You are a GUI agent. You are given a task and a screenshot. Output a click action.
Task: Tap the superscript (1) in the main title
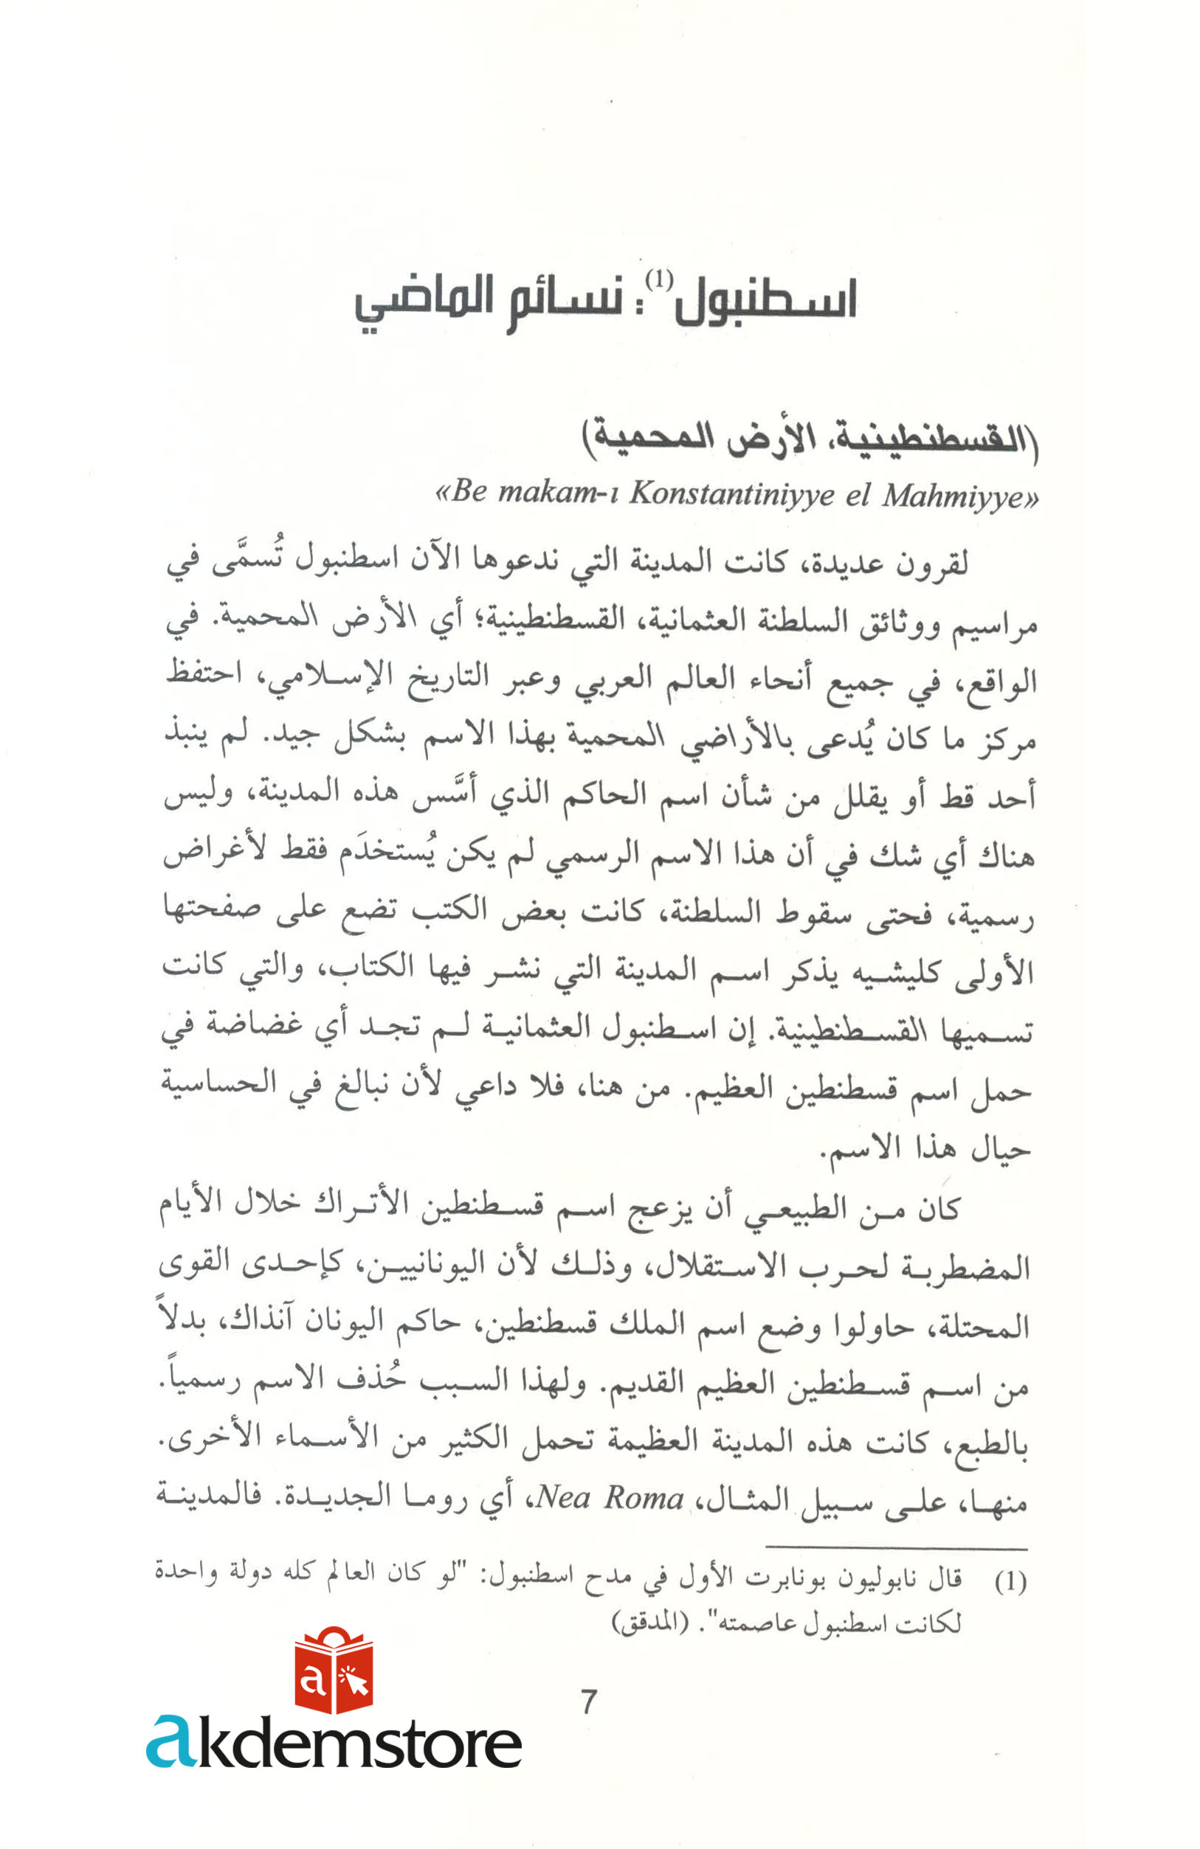(659, 279)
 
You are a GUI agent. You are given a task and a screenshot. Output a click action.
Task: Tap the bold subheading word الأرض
(772, 437)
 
